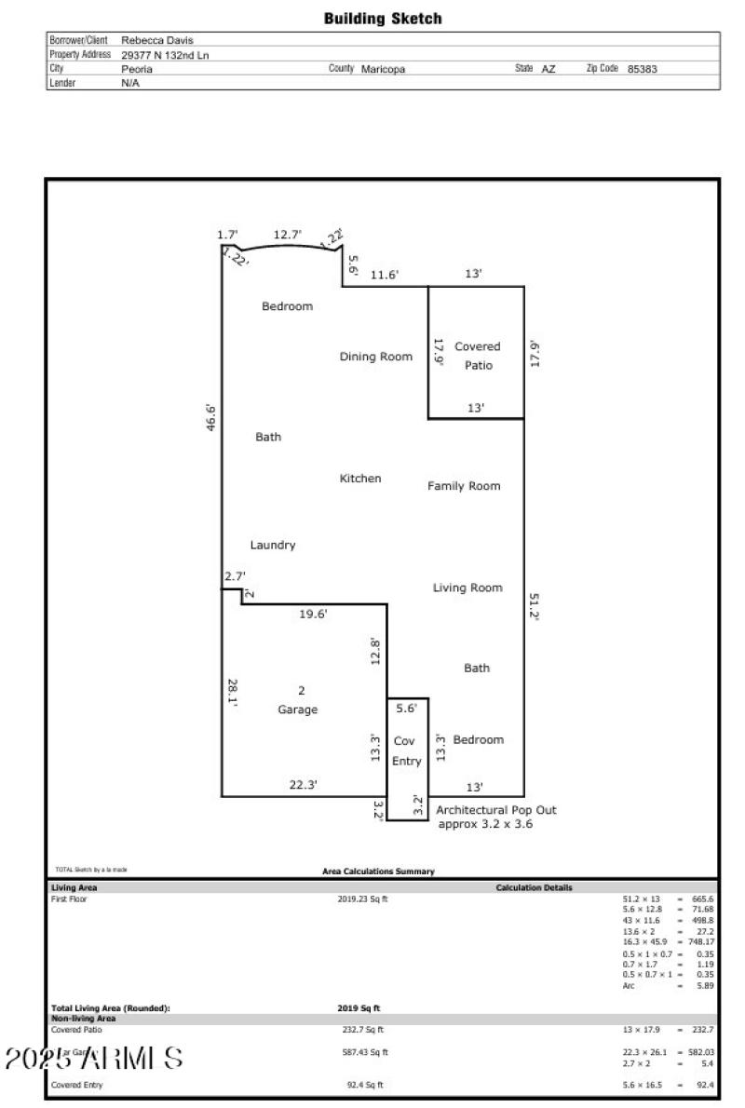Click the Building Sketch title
coord(383,19)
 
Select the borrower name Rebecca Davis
coord(157,40)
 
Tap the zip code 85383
coord(643,69)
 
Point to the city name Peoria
coord(136,69)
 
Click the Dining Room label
coord(375,357)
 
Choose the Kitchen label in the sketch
coord(359,479)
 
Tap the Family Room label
coord(464,486)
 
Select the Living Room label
coord(467,588)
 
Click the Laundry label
coord(272,545)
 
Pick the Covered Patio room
coord(477,356)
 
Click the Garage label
coord(298,709)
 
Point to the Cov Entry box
coord(407,751)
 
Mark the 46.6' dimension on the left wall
coord(211,417)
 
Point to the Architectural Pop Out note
coord(496,817)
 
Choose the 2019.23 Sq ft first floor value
coord(362,899)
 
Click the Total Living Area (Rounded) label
coord(110,1008)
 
